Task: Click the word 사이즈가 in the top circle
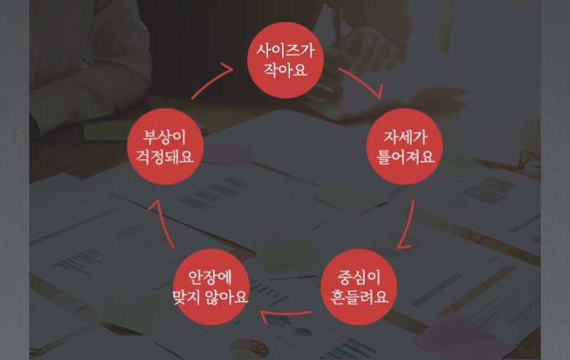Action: point(286,50)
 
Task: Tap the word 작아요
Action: point(286,69)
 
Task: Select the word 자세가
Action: point(405,137)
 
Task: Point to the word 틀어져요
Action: point(405,156)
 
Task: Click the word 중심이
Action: point(359,277)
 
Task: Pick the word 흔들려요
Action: point(359,297)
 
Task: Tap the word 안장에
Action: point(210,277)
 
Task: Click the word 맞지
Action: point(186,297)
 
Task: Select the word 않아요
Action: point(227,297)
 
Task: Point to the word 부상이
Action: point(165,137)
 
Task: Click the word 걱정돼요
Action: point(165,156)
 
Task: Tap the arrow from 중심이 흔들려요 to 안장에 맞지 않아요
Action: point(286,313)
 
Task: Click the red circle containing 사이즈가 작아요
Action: point(286,60)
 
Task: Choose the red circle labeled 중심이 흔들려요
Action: point(359,287)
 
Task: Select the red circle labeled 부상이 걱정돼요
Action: point(165,147)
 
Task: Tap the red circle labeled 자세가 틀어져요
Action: point(405,147)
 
